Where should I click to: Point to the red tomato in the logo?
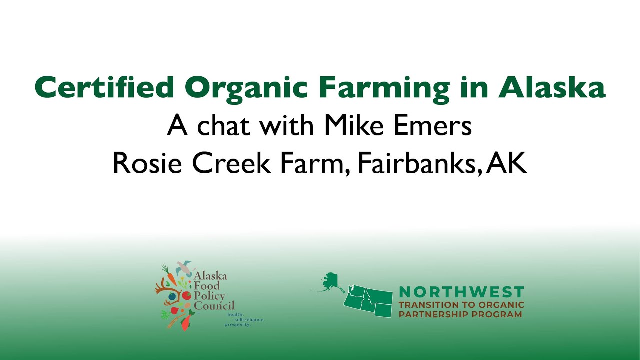(x=186, y=296)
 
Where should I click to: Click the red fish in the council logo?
(x=185, y=322)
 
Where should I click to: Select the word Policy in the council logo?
(x=210, y=296)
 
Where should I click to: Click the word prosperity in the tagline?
(x=237, y=324)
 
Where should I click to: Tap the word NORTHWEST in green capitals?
(x=461, y=292)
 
